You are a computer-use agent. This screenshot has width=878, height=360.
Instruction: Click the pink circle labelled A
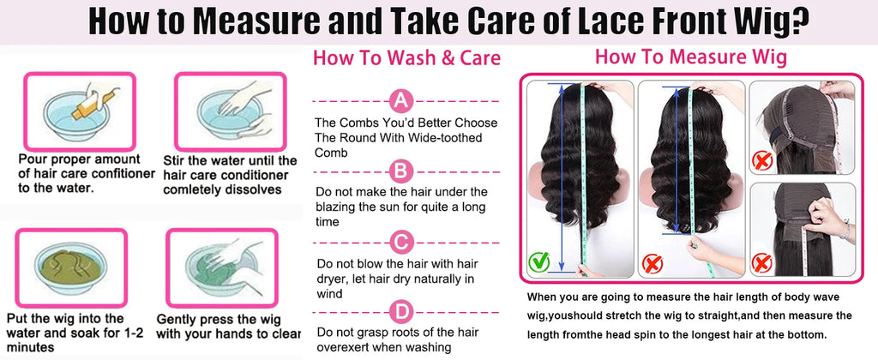(401, 101)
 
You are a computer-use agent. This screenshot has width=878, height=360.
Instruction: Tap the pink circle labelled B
(401, 171)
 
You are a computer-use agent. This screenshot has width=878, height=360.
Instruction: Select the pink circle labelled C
(401, 243)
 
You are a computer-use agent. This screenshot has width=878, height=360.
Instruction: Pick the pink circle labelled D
(401, 312)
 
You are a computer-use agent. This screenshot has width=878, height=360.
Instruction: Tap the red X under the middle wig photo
(652, 263)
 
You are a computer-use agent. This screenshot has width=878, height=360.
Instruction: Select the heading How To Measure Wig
(691, 57)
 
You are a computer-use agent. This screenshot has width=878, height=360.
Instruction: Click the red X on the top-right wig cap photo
(762, 160)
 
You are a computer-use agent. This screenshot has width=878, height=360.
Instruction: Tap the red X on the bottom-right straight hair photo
(762, 262)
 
